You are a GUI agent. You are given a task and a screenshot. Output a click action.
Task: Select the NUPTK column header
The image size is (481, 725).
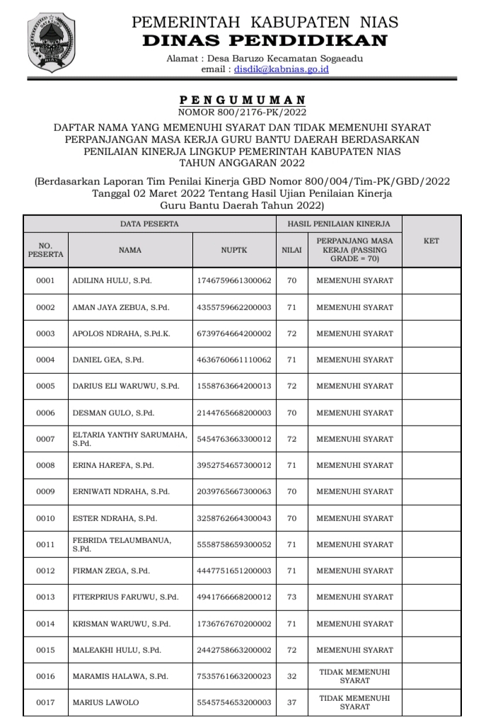[x=233, y=249]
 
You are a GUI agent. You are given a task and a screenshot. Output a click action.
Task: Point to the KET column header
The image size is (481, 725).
[x=431, y=241]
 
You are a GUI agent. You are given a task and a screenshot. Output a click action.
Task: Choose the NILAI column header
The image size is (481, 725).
[x=291, y=249]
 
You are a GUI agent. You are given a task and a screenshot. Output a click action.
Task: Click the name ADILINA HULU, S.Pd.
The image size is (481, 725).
[x=112, y=280]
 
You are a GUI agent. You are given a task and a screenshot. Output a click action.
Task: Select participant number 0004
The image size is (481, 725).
[x=45, y=360]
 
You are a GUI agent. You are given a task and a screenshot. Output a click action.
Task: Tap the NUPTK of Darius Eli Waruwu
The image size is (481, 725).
[x=233, y=386]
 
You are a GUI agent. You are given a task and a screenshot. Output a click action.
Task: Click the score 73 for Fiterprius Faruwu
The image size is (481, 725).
[x=291, y=597]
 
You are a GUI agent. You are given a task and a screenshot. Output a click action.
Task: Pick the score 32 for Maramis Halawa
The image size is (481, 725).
[x=291, y=676]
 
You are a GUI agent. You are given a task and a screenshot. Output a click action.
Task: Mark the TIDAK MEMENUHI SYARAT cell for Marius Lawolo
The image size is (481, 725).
[x=354, y=702]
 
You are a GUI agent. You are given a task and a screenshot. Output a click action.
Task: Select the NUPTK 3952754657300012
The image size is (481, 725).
[x=233, y=465]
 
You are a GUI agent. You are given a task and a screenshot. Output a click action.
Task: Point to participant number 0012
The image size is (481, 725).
[x=45, y=571]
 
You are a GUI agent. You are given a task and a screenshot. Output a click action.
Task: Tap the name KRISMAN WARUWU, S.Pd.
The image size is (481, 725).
[x=121, y=624]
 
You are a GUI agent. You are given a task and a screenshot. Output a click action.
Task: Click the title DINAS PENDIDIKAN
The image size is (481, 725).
[x=265, y=40]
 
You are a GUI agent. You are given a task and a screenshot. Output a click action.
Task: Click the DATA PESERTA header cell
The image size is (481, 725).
[x=149, y=224]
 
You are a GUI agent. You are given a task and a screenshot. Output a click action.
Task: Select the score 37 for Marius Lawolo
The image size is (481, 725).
[x=291, y=702]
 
